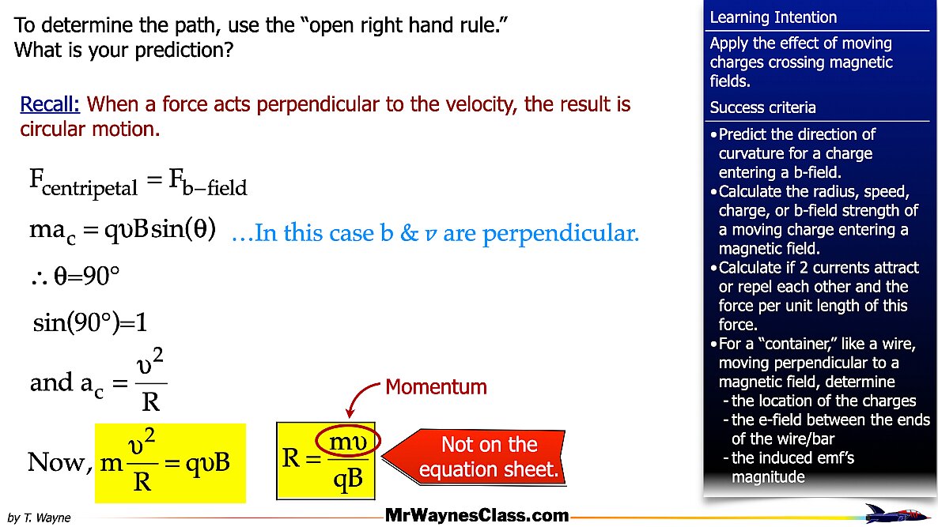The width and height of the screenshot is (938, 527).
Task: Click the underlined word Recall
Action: coord(50,104)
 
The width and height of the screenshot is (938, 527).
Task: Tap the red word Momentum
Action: coord(436,386)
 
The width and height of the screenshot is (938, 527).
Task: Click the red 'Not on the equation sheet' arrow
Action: coord(474,457)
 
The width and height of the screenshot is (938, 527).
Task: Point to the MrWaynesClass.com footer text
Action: coord(477,515)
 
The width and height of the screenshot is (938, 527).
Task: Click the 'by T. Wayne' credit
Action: coord(39,518)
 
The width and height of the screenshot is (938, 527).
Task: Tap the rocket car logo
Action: coord(895,514)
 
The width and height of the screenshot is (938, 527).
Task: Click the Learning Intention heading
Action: coord(773,17)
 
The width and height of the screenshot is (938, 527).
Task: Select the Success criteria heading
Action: coord(762,107)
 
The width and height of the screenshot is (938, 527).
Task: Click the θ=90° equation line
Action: coord(75,276)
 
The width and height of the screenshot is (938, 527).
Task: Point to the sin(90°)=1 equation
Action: coord(89,322)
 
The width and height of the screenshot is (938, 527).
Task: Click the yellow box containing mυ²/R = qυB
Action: coord(171,463)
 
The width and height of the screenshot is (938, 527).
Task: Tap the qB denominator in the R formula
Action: coord(348,479)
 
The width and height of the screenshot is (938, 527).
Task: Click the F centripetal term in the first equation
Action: coord(83,183)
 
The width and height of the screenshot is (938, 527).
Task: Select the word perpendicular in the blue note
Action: coord(560,233)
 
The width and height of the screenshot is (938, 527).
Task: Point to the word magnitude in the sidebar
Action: coord(768,476)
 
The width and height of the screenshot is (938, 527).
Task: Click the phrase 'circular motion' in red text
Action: coord(89,129)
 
